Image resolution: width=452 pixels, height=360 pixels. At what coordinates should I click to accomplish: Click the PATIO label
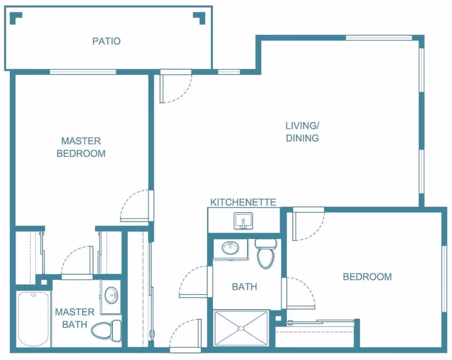pos(106,41)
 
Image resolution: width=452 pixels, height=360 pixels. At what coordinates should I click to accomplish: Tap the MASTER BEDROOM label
pos(81,147)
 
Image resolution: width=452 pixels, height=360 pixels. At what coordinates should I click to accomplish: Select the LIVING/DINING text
pos(302,132)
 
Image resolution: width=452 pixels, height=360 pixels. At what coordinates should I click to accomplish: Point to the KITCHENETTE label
pos(243,202)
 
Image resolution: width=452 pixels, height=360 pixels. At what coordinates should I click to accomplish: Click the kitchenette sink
pos(243,221)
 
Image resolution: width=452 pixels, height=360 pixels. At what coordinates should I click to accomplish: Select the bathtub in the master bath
pos(33,319)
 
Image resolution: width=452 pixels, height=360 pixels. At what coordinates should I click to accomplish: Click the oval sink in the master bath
pos(111,295)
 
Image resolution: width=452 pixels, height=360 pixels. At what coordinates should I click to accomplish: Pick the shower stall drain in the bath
pos(241,328)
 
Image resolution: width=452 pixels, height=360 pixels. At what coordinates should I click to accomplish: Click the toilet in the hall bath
pos(266,254)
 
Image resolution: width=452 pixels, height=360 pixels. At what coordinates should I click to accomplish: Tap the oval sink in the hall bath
pos(230,247)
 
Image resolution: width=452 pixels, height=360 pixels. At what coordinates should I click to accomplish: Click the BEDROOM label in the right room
pos(367,277)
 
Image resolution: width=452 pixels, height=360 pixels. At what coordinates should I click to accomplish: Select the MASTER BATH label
pos(75,318)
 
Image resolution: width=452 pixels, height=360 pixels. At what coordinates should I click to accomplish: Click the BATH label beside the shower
pos(244,287)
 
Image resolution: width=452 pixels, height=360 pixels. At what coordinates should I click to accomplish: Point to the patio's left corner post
pos(16,18)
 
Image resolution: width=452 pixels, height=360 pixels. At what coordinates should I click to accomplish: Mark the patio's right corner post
pos(199,18)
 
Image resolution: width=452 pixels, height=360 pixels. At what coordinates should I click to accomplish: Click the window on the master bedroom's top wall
pos(83,72)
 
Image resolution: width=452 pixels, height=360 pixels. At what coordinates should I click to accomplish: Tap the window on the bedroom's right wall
pos(444,279)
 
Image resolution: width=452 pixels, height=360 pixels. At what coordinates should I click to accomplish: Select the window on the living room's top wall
pos(379,38)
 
